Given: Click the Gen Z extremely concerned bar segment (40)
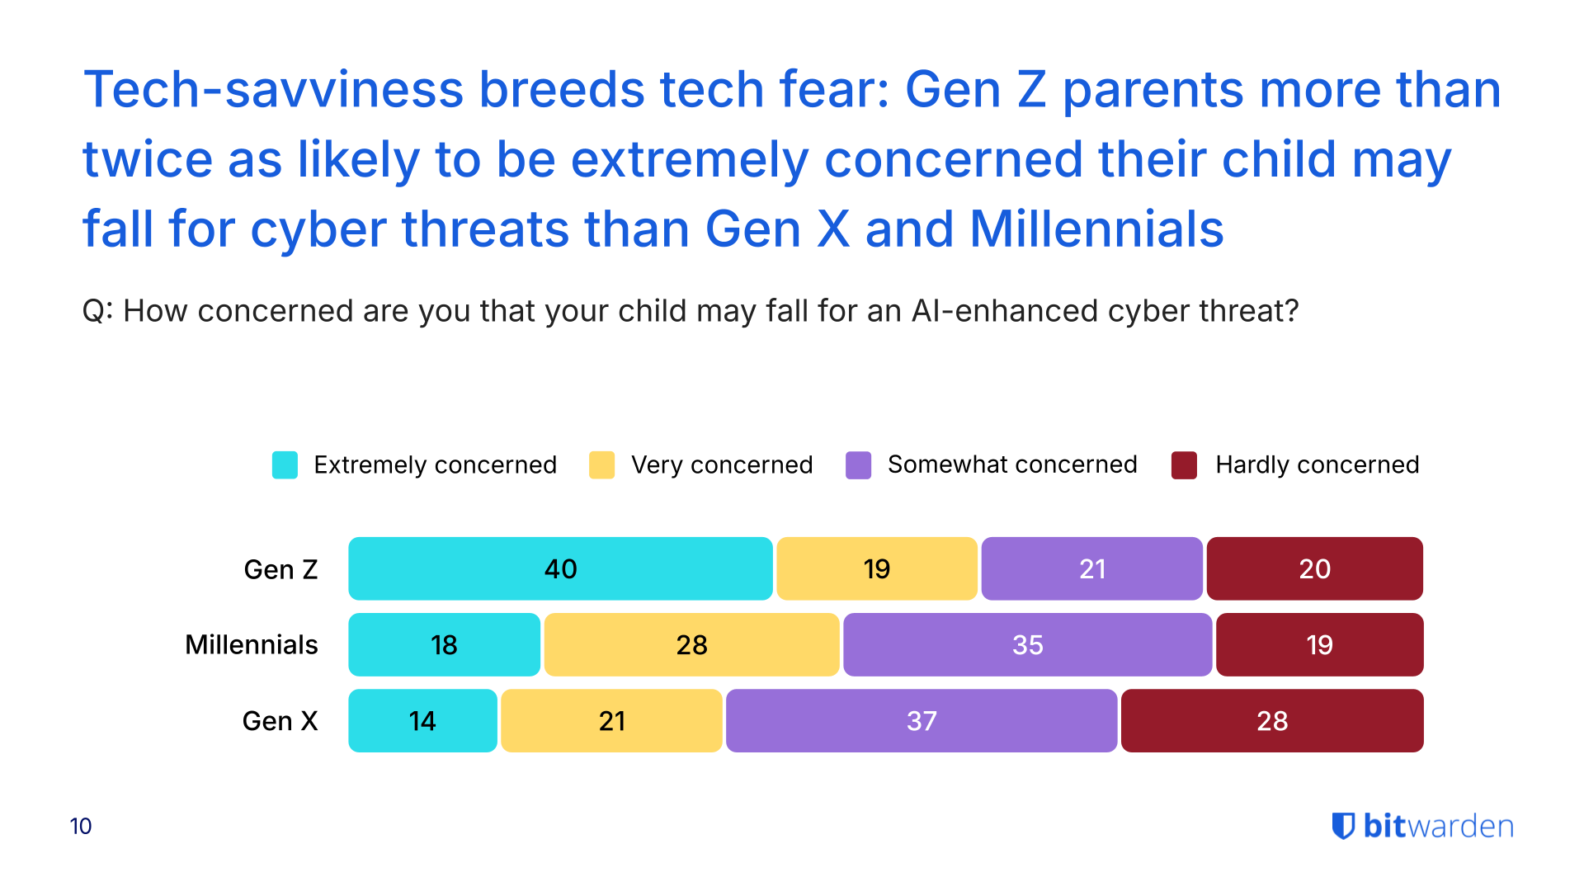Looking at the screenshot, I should click(560, 568).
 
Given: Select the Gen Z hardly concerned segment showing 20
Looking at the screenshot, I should click(1314, 568).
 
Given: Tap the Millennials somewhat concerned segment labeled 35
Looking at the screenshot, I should click(1027, 644).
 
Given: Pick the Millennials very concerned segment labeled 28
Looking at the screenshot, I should click(691, 644).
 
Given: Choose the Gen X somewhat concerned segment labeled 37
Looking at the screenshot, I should click(922, 720).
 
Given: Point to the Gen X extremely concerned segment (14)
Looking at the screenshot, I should click(422, 720).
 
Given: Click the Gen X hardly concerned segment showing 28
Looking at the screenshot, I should click(1272, 720).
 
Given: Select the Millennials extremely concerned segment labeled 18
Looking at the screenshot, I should click(444, 644).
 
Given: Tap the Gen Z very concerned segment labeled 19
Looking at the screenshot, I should click(876, 568).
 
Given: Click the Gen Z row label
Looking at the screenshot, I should click(280, 569).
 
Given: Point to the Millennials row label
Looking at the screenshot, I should click(251, 644).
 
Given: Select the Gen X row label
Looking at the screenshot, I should click(280, 721).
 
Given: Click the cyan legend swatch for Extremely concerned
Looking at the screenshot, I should click(285, 464).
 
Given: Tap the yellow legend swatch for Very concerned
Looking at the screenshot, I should click(601, 464).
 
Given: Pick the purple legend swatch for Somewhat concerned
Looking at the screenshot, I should click(858, 464).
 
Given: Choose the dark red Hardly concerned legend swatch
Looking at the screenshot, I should click(1184, 464).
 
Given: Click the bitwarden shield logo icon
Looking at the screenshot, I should click(1343, 826).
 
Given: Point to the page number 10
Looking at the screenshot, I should click(81, 826).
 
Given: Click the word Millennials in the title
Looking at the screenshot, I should click(1096, 229).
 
